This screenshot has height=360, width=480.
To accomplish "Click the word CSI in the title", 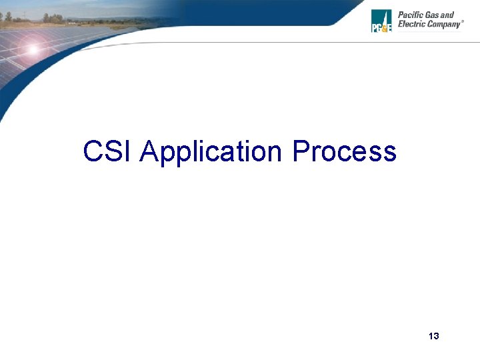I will point(108,151).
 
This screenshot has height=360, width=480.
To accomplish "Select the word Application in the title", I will point(212,153).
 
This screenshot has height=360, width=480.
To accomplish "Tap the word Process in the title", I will point(345,151).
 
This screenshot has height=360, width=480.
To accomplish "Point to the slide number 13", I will point(434,336).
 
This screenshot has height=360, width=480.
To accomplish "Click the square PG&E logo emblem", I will point(381,21).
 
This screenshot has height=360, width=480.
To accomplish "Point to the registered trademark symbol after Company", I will point(463,22).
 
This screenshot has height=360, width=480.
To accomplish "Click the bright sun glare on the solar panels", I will point(31,49).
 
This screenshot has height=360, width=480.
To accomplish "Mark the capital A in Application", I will point(149,151).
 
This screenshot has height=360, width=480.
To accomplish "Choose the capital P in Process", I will point(300,151).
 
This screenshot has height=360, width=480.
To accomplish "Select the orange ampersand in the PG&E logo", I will point(382,28).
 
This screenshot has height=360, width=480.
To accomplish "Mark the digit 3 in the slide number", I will point(437,336).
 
